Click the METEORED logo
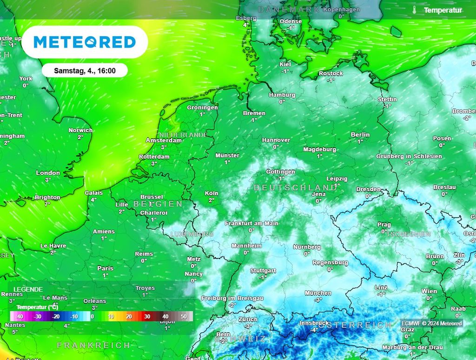pyautogui.click(x=85, y=42)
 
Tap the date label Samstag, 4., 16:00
pyautogui.click(x=85, y=71)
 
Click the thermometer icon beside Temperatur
pyautogui.click(x=414, y=10)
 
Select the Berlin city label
pyautogui.click(x=360, y=135)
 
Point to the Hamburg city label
pyautogui.click(x=282, y=95)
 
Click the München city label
pyautogui.click(x=318, y=293)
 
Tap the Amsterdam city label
pyautogui.click(x=164, y=140)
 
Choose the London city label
pyautogui.click(x=48, y=173)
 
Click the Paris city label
pyautogui.click(x=106, y=268)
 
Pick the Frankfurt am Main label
pyautogui.click(x=251, y=223)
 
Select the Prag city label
pyautogui.click(x=384, y=225)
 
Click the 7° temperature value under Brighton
pyautogui.click(x=47, y=204)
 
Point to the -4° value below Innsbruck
pyautogui.click(x=314, y=330)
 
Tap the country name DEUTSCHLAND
pyautogui.click(x=295, y=187)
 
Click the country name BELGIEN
pyautogui.click(x=158, y=204)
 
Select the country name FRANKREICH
pyautogui.click(x=93, y=345)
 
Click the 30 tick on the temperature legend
pyautogui.click(x=147, y=316)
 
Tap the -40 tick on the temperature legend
pyautogui.click(x=20, y=316)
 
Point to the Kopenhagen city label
pyautogui.click(x=342, y=9)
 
